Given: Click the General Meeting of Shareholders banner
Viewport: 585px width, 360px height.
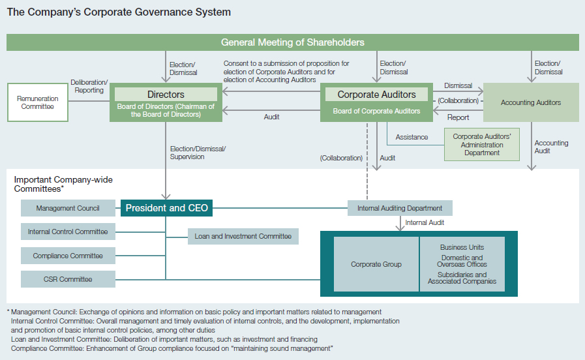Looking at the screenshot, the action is (292, 42).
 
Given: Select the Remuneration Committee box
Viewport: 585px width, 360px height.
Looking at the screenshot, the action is (38, 102).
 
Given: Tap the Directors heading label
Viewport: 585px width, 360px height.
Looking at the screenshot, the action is (166, 95).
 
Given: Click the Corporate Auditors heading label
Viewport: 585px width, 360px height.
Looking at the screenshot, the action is (376, 95).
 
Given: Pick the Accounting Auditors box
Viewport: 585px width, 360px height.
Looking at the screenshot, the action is (531, 102).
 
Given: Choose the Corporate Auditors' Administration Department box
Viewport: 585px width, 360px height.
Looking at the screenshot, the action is (482, 144).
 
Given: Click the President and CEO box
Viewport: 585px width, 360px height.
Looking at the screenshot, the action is (166, 208).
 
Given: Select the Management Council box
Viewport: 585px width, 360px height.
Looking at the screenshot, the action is (68, 208).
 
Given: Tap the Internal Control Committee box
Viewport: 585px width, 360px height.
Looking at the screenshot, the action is (68, 232).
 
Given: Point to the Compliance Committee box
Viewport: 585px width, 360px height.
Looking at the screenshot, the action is (68, 256).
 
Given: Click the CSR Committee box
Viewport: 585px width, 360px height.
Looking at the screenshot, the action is (68, 279).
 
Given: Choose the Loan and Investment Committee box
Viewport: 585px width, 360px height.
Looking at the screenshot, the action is (243, 236).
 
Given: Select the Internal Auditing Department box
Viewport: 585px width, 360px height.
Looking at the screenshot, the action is (400, 208).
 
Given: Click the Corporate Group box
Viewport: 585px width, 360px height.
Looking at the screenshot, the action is (376, 264).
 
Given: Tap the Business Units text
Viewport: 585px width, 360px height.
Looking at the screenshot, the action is (462, 247).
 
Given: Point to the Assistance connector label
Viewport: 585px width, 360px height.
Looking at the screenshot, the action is (412, 138).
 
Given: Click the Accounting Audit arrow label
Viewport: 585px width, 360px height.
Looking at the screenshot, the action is (551, 147).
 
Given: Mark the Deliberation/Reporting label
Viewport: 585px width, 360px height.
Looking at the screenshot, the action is (89, 86).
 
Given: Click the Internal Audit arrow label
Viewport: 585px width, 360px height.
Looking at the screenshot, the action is (425, 222).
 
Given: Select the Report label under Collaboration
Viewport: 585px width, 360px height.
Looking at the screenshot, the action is (458, 117).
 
